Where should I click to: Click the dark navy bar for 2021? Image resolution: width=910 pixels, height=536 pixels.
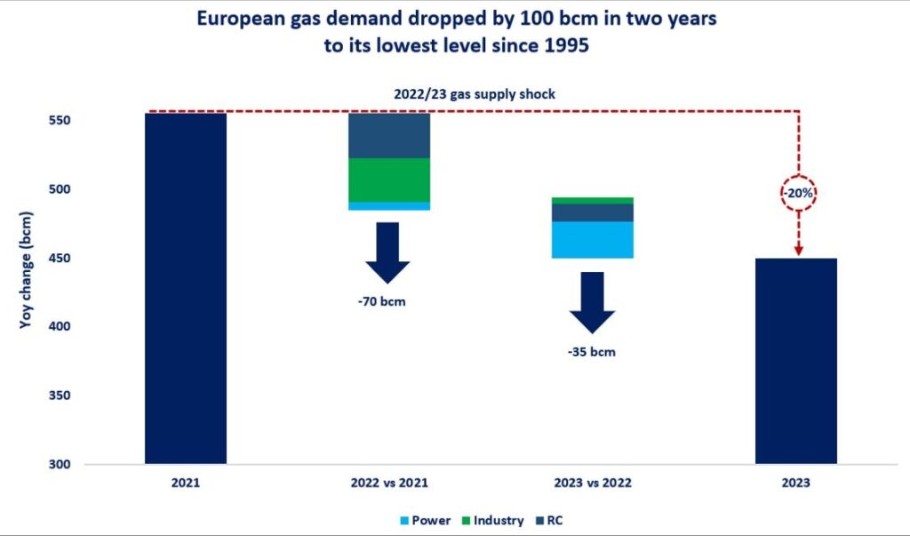click(186, 288)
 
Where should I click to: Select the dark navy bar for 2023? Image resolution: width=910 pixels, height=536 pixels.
click(795, 361)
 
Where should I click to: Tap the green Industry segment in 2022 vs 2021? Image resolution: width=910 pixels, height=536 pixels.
click(389, 180)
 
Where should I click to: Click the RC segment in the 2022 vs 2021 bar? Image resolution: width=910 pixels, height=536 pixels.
click(389, 135)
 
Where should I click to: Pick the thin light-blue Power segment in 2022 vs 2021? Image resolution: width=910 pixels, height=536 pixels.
click(389, 206)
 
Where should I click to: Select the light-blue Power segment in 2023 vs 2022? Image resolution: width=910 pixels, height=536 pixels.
click(593, 240)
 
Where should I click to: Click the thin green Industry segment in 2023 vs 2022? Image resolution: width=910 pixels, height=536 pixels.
click(593, 201)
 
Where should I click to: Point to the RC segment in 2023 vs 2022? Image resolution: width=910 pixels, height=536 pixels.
click(593, 212)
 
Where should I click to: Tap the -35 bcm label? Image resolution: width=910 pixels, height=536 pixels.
click(592, 351)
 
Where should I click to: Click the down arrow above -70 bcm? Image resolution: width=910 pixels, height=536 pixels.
click(387, 252)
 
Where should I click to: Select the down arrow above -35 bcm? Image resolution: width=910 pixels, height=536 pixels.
click(592, 303)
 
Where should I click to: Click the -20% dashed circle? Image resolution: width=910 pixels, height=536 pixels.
click(798, 192)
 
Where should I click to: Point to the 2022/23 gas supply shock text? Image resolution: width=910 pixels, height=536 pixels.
click(475, 94)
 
